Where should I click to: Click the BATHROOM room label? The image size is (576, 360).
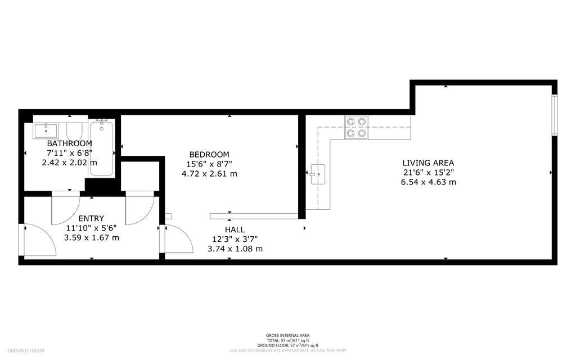click(69, 143)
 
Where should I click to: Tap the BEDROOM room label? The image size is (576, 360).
click(209, 155)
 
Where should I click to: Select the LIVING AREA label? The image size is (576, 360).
click(428, 163)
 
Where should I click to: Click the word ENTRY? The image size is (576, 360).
click(91, 219)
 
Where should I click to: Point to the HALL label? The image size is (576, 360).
click(235, 229)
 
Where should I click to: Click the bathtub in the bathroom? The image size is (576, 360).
click(101, 147)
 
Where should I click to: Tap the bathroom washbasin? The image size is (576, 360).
click(46, 130)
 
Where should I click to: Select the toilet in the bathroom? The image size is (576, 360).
click(76, 130)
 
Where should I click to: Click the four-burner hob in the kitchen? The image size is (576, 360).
click(356, 127)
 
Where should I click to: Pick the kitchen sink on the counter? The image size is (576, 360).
click(318, 174)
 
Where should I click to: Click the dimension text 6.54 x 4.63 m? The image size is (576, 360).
click(428, 182)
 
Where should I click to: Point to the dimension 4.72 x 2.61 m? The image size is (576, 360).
click(209, 174)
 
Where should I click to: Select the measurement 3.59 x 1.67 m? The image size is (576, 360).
click(92, 238)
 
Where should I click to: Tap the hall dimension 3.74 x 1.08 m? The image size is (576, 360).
click(235, 249)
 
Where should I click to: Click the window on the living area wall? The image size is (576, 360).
click(555, 115)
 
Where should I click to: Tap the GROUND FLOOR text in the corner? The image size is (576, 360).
click(26, 350)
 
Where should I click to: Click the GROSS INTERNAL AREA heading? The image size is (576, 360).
click(287, 335)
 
